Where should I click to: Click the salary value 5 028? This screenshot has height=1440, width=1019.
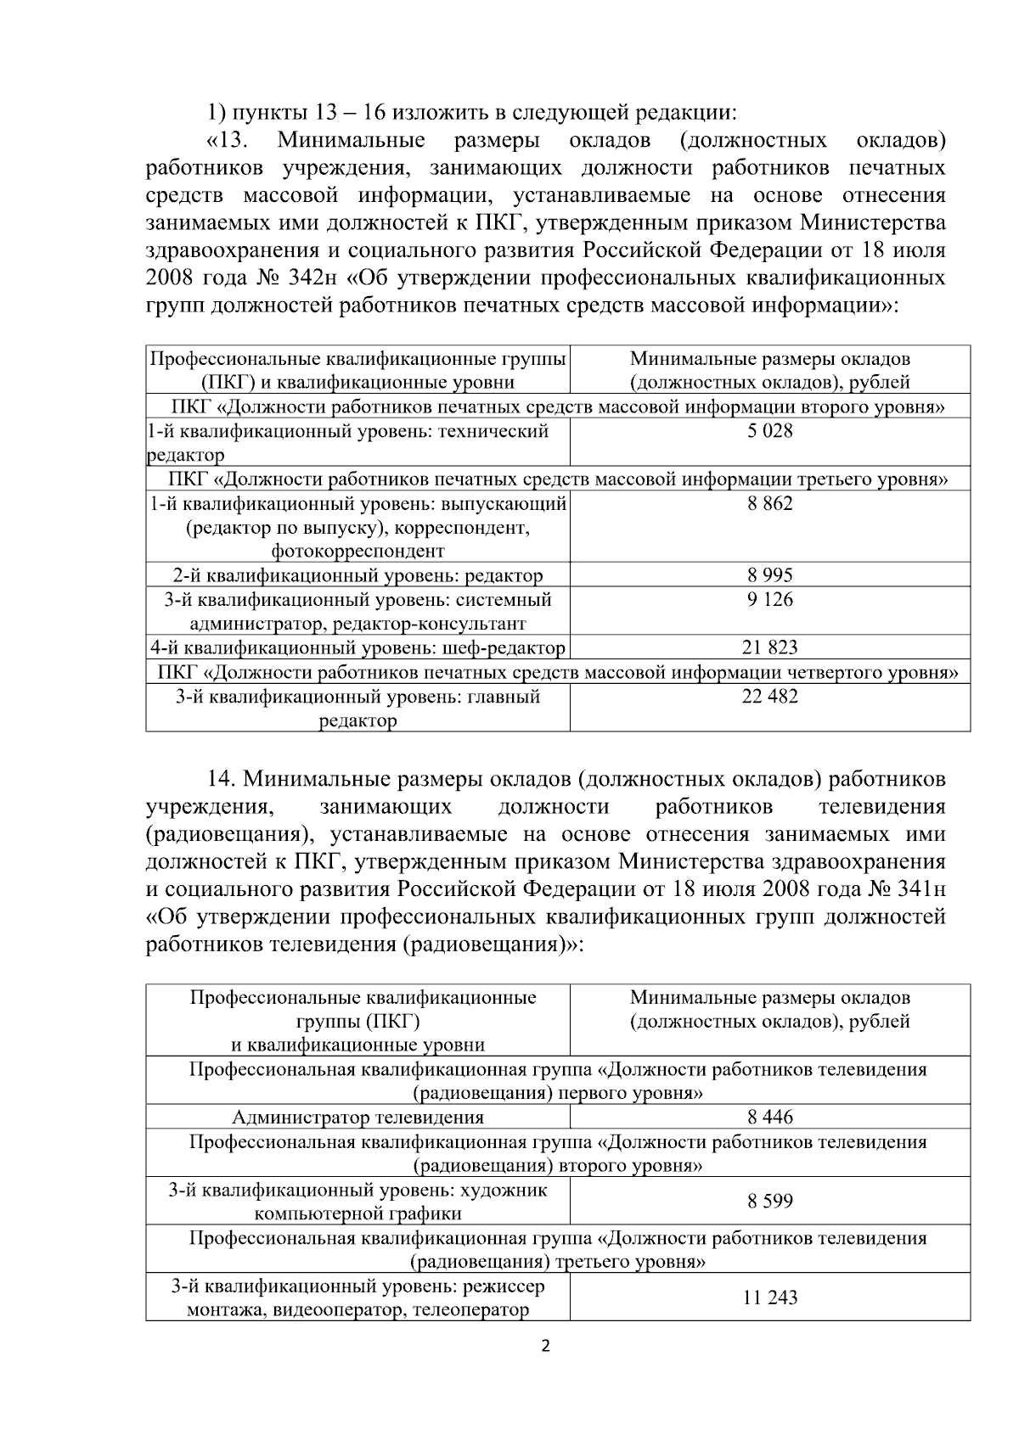tap(769, 431)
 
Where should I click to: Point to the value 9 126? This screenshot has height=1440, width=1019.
tap(769, 600)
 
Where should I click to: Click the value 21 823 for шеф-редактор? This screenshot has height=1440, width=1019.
tap(769, 648)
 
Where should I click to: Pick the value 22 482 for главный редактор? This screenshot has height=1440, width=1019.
tap(769, 697)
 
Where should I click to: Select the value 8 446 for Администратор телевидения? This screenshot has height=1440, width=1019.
tap(769, 1117)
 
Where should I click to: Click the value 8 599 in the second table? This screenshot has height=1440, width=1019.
tap(769, 1201)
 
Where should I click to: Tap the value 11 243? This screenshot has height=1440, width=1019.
tap(769, 1297)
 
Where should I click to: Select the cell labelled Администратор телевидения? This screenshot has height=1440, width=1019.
tap(357, 1117)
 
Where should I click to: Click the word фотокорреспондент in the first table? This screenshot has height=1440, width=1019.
tap(357, 552)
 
